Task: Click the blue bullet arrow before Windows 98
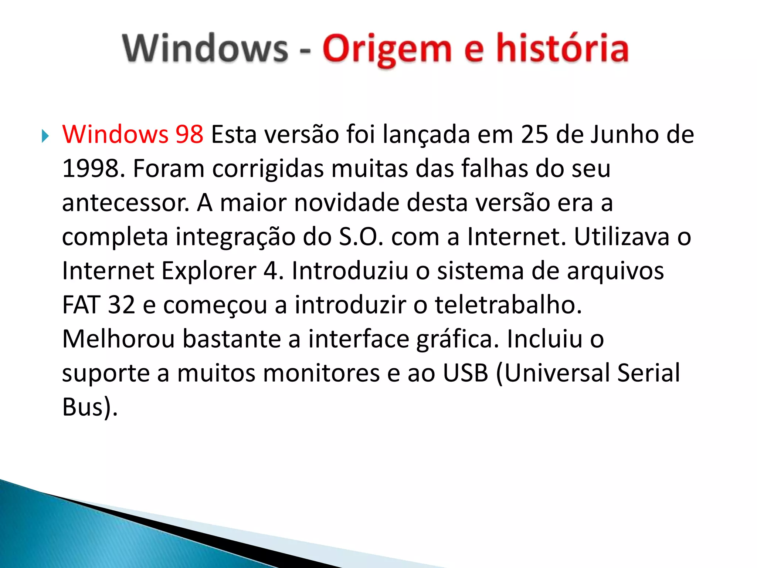click(45, 136)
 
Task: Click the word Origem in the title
click(387, 49)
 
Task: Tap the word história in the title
click(562, 48)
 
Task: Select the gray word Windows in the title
click(205, 48)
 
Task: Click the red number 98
click(189, 134)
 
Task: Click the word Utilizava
click(621, 237)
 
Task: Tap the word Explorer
click(209, 271)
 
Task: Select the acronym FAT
click(81, 305)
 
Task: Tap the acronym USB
click(465, 373)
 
